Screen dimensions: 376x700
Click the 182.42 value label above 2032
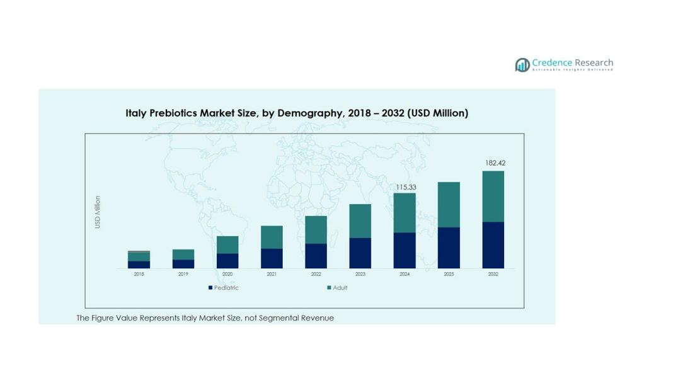coord(495,163)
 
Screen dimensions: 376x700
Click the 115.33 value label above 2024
coord(406,187)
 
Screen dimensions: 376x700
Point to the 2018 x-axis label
coord(139,275)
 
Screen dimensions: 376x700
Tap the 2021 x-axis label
coord(272,275)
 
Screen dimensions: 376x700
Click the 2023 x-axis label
coord(360,275)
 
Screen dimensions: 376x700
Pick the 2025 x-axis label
coord(449,275)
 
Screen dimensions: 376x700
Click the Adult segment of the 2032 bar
coord(493,196)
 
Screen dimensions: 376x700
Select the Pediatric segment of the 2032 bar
coord(493,245)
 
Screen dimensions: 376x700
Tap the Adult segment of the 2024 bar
coord(405,213)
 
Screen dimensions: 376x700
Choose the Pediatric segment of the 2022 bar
coord(316,256)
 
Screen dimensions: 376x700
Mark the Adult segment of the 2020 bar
coord(227,245)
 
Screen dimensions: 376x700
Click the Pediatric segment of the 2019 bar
coord(183,264)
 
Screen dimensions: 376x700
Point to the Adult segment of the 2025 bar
coord(449,205)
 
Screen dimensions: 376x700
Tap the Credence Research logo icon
coord(522,65)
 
